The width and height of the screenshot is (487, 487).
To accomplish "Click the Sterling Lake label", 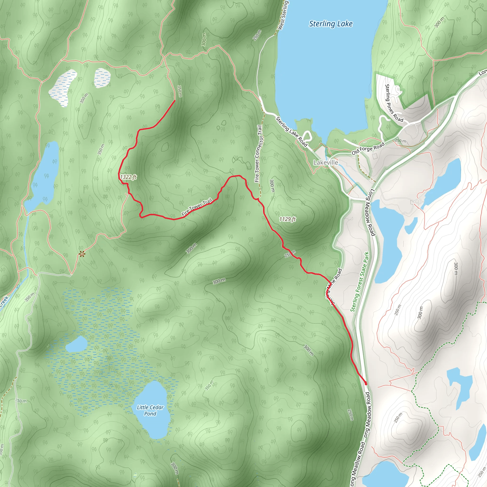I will click(x=331, y=24).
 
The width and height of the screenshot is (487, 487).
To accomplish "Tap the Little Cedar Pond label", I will click(x=150, y=410).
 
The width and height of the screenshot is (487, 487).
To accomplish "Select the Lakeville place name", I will click(x=326, y=163).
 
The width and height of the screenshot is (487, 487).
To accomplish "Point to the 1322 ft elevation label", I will click(x=128, y=177).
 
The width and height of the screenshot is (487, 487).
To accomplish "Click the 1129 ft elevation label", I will click(x=287, y=219).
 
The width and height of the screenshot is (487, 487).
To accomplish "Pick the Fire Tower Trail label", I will click(x=197, y=207).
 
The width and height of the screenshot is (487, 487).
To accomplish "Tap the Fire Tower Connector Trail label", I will click(x=258, y=154).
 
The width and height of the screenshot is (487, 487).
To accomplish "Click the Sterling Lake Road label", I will click(x=291, y=131).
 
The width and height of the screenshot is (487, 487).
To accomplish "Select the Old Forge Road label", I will click(x=368, y=148).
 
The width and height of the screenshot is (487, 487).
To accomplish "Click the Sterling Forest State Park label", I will click(x=360, y=282).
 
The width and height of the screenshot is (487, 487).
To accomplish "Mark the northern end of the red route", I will click(x=175, y=101).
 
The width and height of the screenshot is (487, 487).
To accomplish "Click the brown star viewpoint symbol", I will click(x=81, y=254).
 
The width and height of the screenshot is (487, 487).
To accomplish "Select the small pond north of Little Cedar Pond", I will click(x=76, y=344).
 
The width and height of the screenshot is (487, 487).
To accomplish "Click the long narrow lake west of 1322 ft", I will click(x=45, y=176).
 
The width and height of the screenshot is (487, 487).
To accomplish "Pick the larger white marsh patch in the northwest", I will click(x=63, y=88).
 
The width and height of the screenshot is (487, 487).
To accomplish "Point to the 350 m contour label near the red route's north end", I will click(x=180, y=91).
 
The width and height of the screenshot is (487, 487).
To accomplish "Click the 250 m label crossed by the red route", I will click(x=290, y=254).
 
